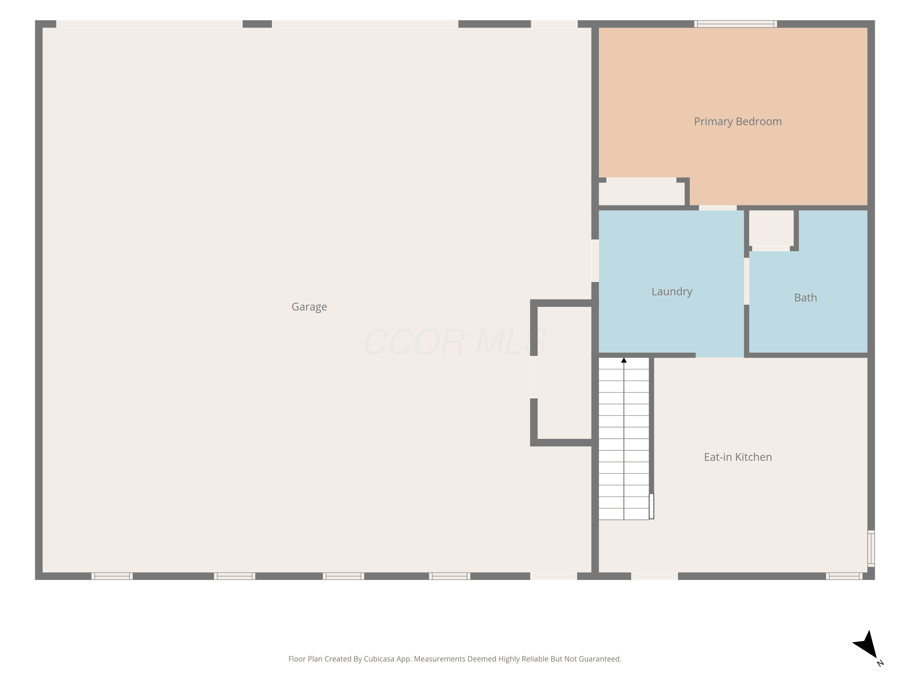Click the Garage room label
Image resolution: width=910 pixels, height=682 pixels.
pyautogui.click(x=309, y=307)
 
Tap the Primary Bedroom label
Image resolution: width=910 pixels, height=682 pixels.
pyautogui.click(x=738, y=122)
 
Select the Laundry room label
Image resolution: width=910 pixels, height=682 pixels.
pyautogui.click(x=672, y=292)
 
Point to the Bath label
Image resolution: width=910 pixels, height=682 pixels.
pyautogui.click(x=805, y=298)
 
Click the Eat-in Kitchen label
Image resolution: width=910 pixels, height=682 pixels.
pyautogui.click(x=738, y=457)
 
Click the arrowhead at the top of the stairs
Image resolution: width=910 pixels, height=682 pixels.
pyautogui.click(x=624, y=360)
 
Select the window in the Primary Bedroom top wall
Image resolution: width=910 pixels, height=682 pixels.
pyautogui.click(x=735, y=24)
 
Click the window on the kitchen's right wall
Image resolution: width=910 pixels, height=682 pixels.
pyautogui.click(x=871, y=548)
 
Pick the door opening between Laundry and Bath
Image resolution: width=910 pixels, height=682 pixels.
pyautogui.click(x=746, y=281)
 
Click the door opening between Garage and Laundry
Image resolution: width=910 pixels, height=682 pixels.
pyautogui.click(x=595, y=261)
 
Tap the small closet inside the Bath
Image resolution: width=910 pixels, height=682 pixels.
pyautogui.click(x=771, y=228)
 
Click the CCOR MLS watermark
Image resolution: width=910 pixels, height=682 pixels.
pyautogui.click(x=455, y=342)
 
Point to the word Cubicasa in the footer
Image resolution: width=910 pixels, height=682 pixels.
pyautogui.click(x=379, y=659)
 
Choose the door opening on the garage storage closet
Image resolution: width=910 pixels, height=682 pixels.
pyautogui.click(x=534, y=377)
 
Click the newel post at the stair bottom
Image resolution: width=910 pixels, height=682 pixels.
pyautogui.click(x=651, y=506)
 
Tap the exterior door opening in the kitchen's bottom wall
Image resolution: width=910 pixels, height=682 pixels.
pyautogui.click(x=655, y=576)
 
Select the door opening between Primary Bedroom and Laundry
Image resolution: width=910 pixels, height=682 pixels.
pyautogui.click(x=717, y=208)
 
